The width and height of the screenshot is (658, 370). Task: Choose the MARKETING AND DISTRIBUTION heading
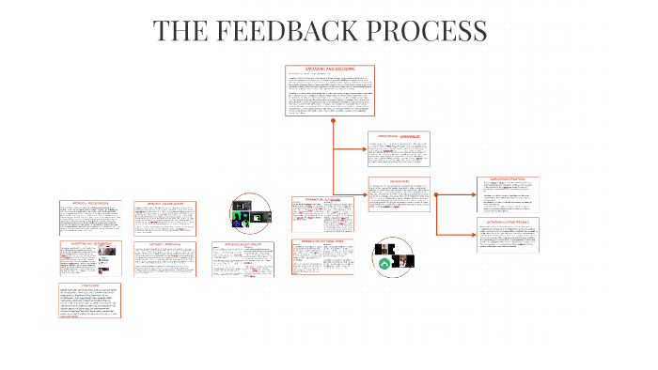point(92,243)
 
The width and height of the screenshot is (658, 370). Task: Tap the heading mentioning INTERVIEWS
point(164,243)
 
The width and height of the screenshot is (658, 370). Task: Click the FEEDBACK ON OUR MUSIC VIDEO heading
point(322,241)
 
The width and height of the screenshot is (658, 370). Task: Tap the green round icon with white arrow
point(384,266)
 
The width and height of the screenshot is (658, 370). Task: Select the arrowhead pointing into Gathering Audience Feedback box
point(474,234)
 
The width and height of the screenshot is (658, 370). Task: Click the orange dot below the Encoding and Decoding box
point(334,120)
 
